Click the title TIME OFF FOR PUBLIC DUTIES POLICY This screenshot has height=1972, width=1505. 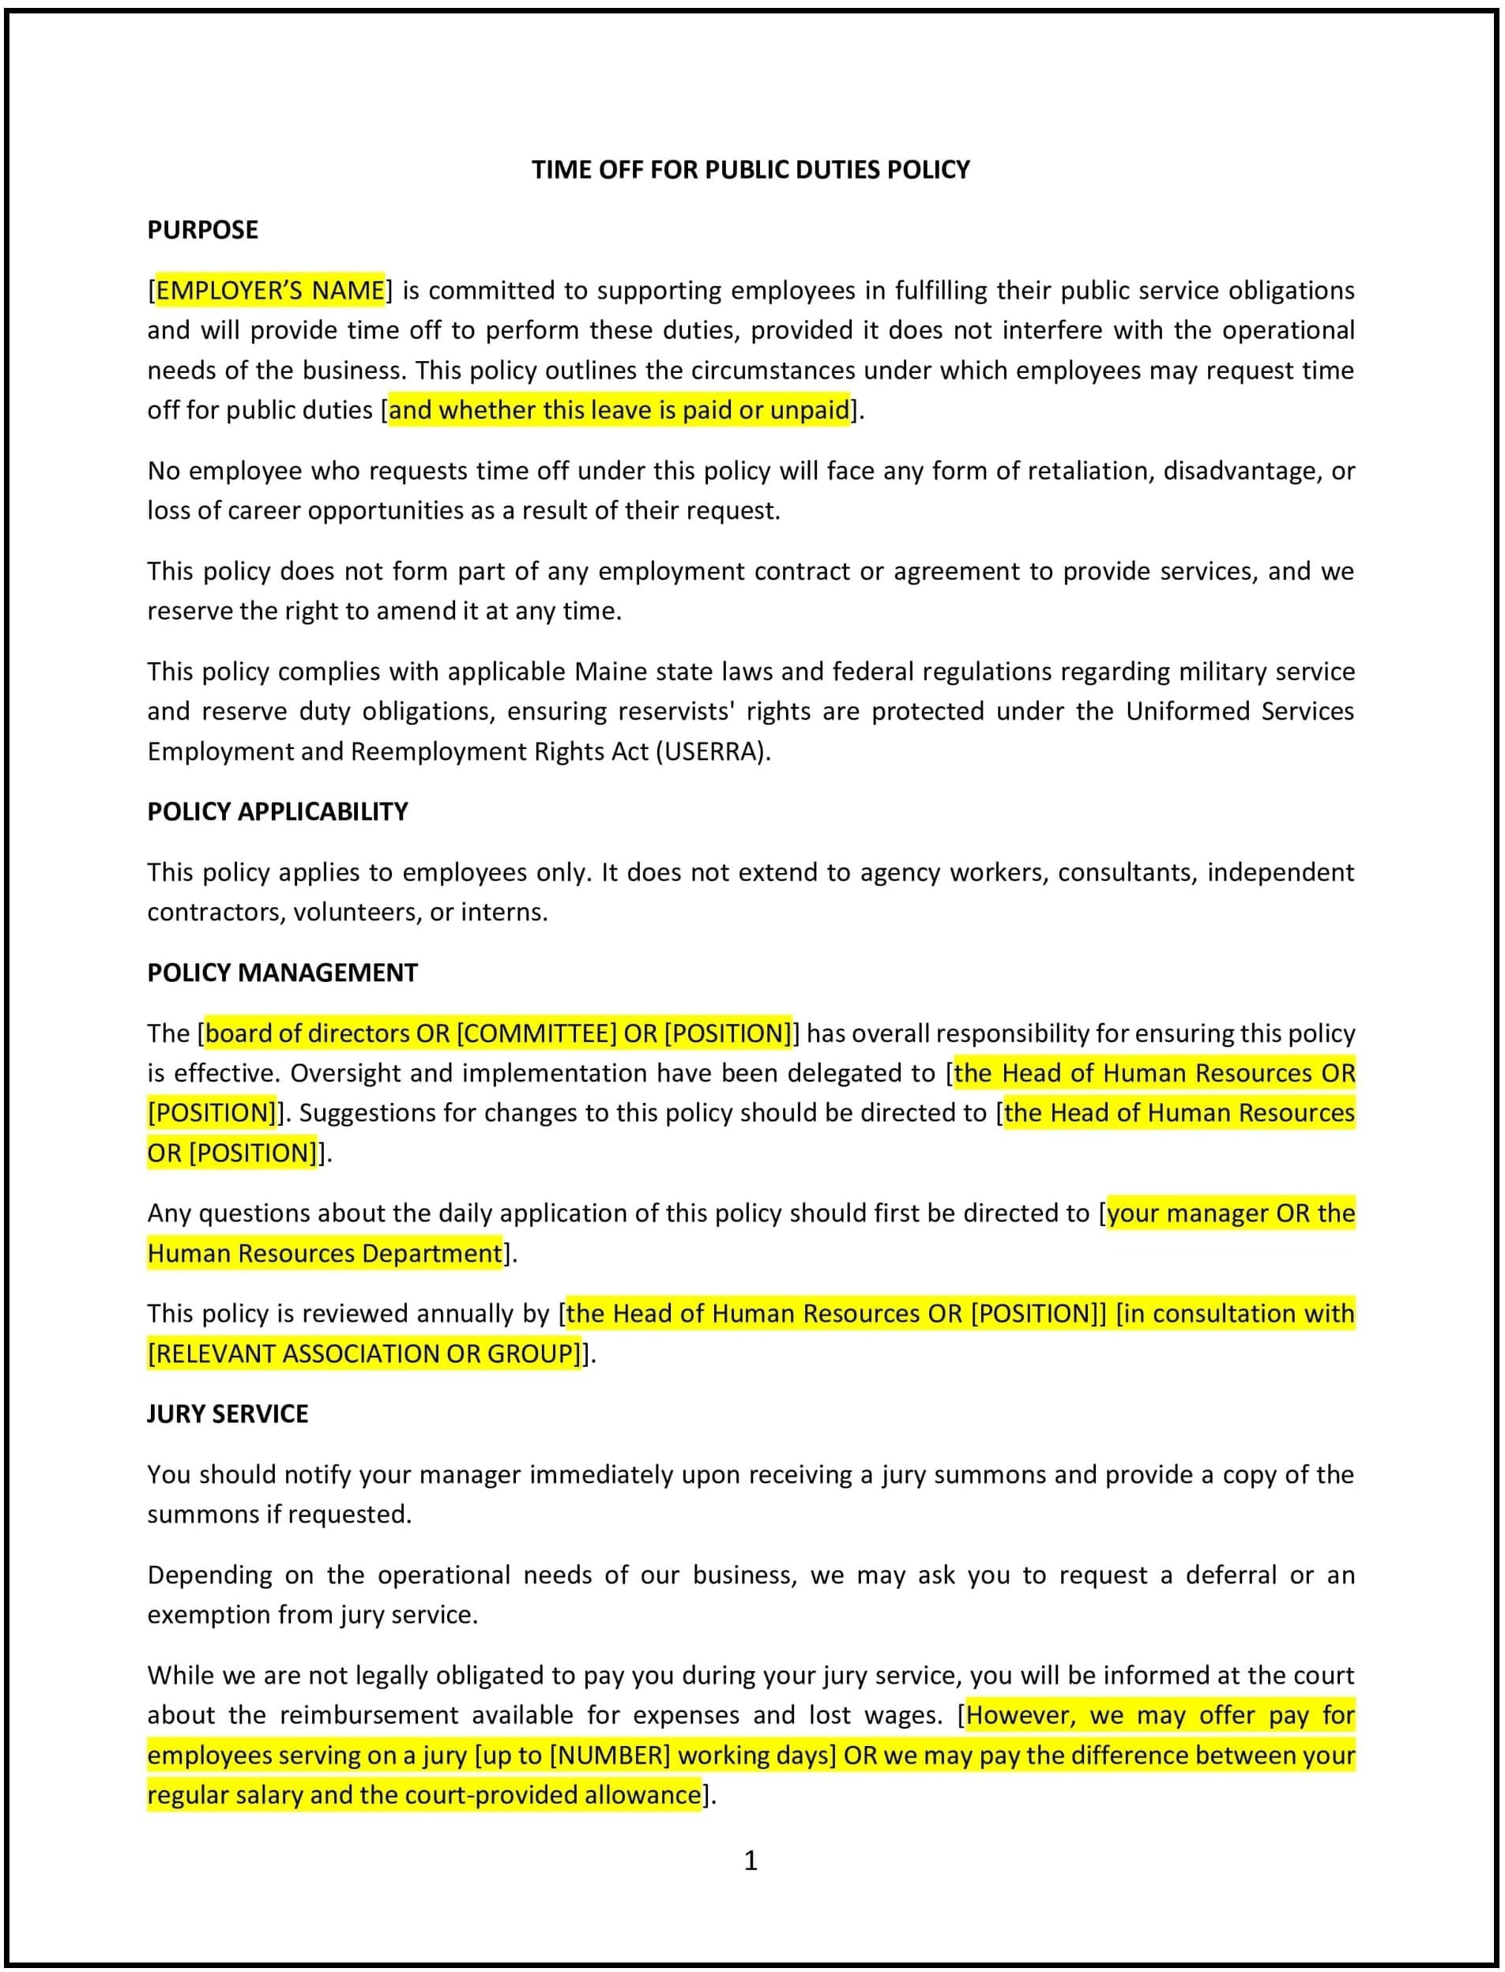(751, 169)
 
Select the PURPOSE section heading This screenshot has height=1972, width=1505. (202, 230)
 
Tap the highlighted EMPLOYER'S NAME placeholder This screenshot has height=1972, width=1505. (270, 290)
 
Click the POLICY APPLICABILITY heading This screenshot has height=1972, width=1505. (278, 811)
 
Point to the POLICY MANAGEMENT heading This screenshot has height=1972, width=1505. (282, 973)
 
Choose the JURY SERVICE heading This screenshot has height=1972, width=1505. (228, 1413)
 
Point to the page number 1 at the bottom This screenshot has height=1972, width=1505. (751, 1861)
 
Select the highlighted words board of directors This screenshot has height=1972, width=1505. (307, 1033)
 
